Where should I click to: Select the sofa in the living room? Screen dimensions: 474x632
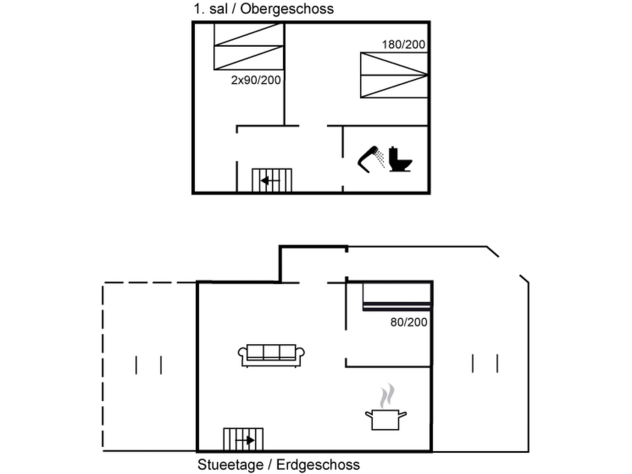[x=271, y=355]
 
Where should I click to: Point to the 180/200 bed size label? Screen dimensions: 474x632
[x=403, y=45]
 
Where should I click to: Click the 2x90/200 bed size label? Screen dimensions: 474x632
[x=256, y=80]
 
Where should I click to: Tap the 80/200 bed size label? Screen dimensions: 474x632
[x=409, y=322]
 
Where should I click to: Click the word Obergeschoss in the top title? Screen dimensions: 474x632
[x=287, y=9]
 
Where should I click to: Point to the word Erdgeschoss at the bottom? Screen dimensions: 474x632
[x=318, y=465]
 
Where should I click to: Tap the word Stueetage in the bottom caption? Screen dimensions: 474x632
[x=231, y=465]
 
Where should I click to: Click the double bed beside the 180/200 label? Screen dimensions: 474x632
[x=394, y=75]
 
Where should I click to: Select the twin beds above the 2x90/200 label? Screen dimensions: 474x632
[x=248, y=46]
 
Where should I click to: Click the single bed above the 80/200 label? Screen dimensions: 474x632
[x=397, y=296]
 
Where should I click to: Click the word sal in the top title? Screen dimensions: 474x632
[x=218, y=9]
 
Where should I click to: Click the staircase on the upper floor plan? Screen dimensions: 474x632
[x=272, y=181]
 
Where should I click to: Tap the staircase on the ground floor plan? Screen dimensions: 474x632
[x=243, y=440]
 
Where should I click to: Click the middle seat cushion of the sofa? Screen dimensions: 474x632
[x=271, y=352]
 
